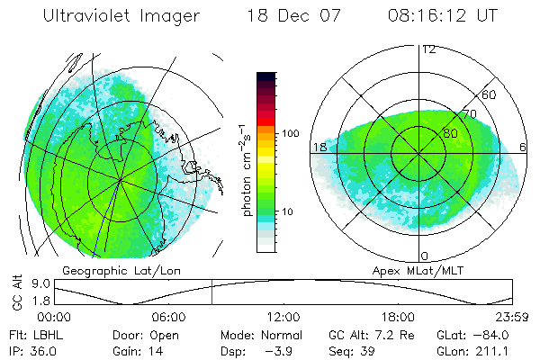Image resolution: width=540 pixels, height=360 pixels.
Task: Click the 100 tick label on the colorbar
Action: coord(291,132)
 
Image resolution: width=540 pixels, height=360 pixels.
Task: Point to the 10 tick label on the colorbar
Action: coord(288,211)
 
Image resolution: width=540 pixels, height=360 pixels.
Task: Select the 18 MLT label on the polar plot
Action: coord(319,147)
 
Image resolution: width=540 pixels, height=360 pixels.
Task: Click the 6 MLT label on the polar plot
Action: coord(523,147)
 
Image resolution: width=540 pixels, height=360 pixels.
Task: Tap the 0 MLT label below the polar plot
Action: coord(425,256)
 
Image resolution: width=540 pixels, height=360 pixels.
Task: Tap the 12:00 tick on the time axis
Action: coord(283,317)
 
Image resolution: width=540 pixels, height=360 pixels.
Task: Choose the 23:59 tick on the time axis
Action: coord(510,317)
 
